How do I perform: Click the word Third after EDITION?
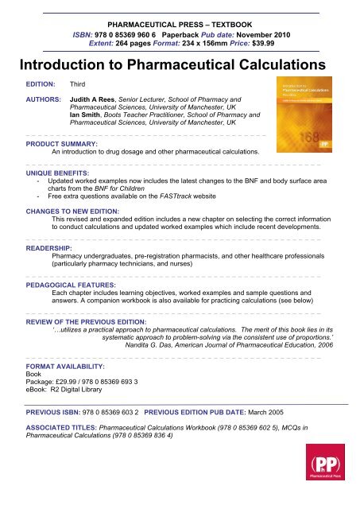78,83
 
